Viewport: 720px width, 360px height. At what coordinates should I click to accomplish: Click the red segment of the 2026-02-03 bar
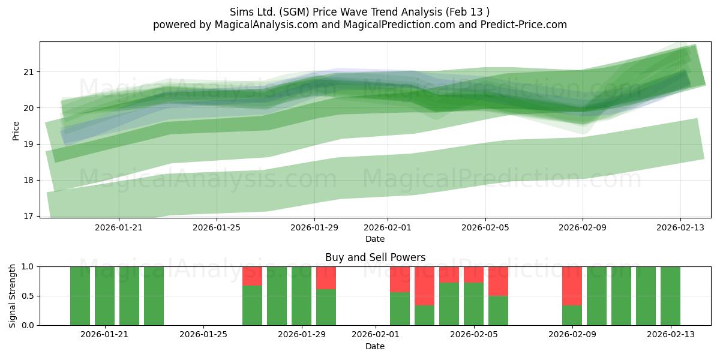click(x=424, y=286)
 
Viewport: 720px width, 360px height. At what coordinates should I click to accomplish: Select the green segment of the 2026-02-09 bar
click(x=572, y=316)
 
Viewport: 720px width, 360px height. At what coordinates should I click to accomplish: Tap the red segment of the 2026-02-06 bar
click(x=498, y=281)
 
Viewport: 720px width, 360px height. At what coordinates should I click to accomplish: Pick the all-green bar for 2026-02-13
click(x=671, y=296)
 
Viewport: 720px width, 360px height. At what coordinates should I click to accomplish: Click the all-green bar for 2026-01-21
click(x=104, y=296)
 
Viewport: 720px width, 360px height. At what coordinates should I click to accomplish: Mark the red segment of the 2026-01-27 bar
click(x=253, y=276)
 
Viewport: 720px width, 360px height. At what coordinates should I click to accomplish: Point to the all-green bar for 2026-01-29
click(x=301, y=296)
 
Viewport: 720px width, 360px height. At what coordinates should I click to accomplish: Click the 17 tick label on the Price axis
click(x=29, y=216)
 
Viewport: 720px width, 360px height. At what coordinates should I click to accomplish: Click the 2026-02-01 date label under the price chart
click(x=388, y=227)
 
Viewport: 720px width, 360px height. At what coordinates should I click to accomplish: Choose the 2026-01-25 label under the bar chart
click(x=203, y=335)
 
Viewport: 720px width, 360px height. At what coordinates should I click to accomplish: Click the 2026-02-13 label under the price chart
click(x=680, y=227)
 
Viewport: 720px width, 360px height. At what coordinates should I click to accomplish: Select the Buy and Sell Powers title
click(x=375, y=257)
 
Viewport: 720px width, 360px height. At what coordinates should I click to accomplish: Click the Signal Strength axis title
click(x=12, y=296)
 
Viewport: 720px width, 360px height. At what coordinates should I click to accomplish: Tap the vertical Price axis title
click(x=16, y=131)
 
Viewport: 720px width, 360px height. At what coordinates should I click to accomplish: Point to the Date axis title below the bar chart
click(x=375, y=346)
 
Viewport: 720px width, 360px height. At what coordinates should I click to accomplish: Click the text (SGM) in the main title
click(x=294, y=12)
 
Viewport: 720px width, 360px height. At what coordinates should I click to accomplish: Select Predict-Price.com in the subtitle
click(x=524, y=25)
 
